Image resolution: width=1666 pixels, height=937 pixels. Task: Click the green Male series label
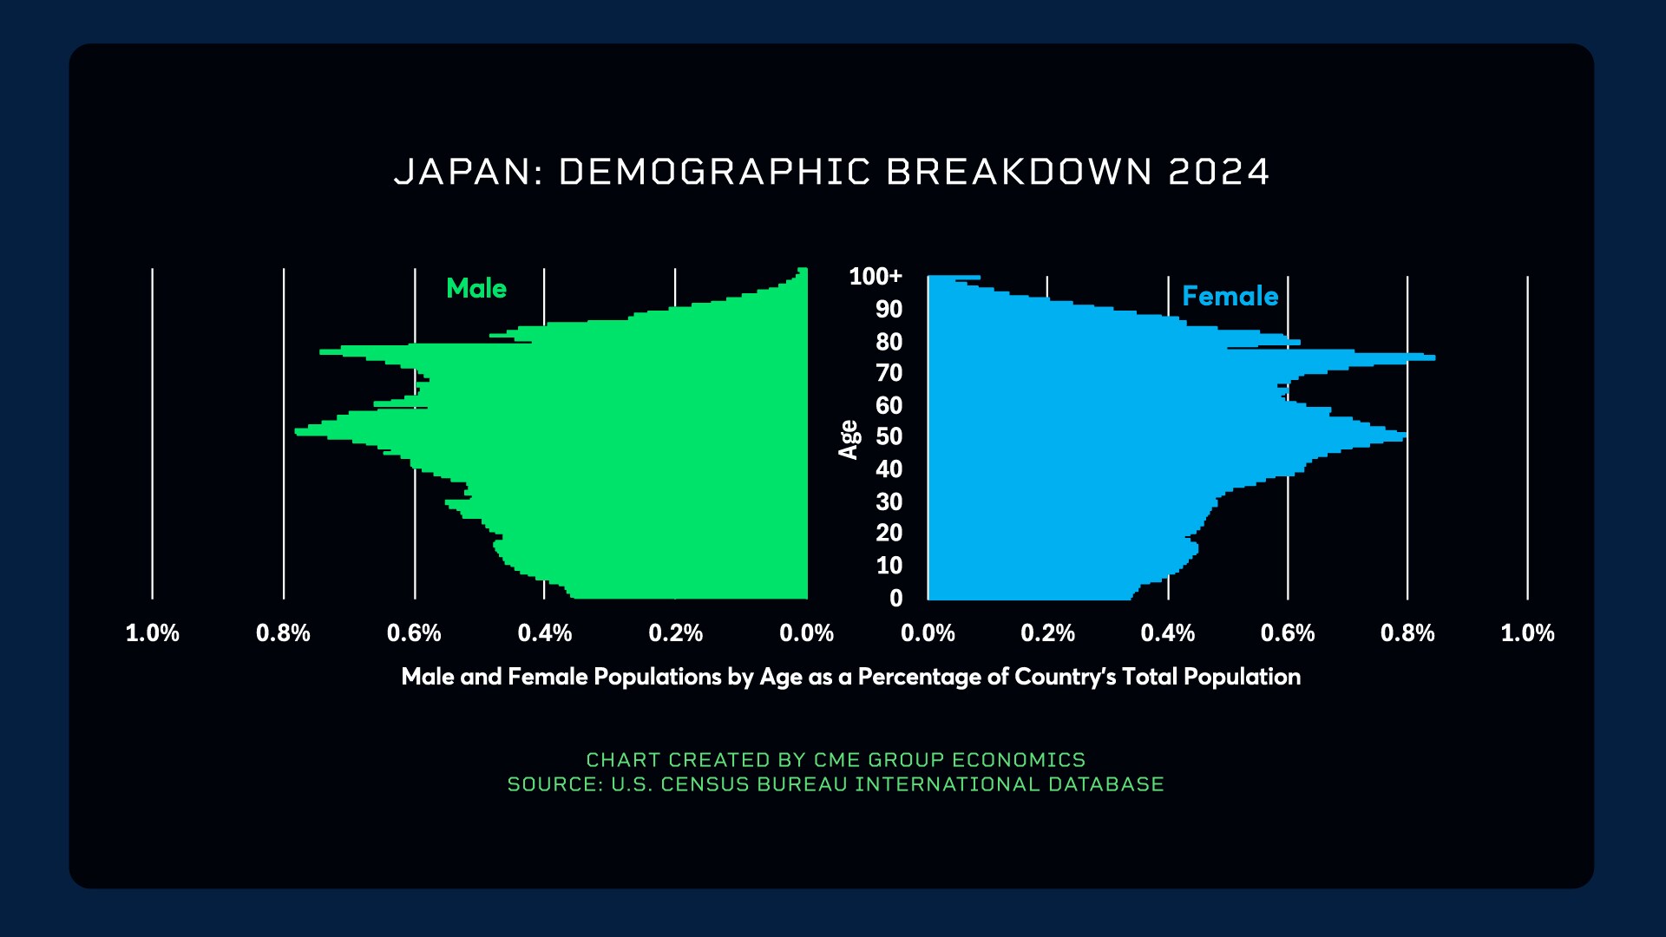coord(476,288)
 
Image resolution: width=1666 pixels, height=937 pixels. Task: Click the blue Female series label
coord(1230,297)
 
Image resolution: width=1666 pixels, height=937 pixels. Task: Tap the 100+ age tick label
coord(876,277)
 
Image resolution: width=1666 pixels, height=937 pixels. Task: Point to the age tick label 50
coord(889,436)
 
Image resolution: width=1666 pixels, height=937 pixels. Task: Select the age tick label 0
coord(895,599)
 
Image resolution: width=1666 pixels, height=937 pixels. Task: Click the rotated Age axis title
coord(849,439)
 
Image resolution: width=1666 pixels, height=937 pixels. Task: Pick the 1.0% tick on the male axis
coord(153,633)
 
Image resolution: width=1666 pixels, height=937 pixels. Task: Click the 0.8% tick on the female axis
coord(1407,633)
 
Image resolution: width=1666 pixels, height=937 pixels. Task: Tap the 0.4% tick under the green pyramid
coord(545,633)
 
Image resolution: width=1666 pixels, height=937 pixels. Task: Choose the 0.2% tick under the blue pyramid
coord(1047,633)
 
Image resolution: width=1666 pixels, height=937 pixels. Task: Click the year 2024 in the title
coord(1219,172)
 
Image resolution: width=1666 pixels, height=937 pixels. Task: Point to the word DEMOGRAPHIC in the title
coord(714,172)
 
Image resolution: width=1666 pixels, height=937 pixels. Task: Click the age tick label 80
coord(889,342)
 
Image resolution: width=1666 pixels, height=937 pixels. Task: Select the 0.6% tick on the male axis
coord(414,633)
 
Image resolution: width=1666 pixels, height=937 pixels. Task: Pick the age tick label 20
coord(889,533)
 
